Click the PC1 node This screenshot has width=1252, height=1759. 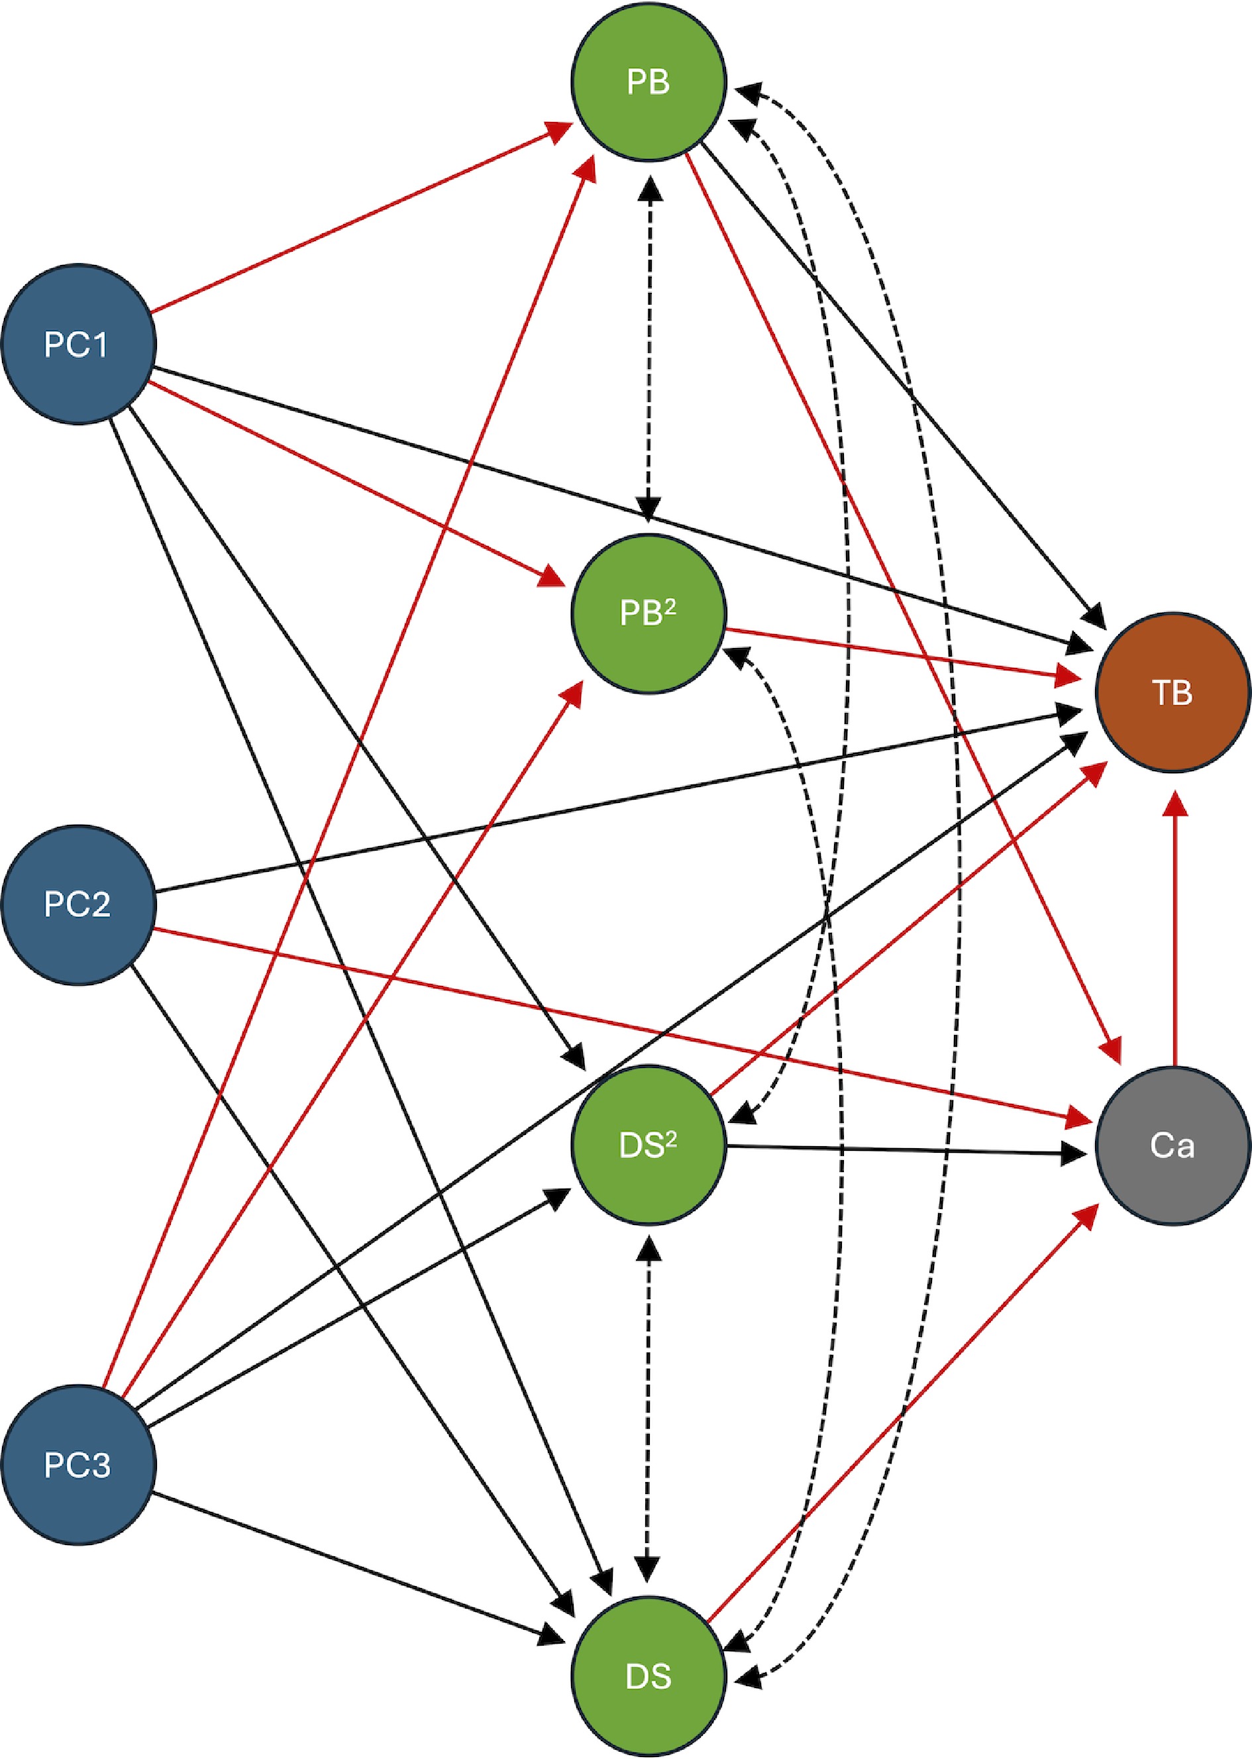[x=78, y=344]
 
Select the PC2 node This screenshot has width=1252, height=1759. [x=78, y=904]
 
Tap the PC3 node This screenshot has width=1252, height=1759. [x=78, y=1465]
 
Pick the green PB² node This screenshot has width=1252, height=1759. [x=649, y=613]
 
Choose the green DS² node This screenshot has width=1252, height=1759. [x=649, y=1146]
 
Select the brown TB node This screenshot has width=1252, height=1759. [x=1173, y=692]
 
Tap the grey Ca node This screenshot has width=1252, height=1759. [x=1173, y=1146]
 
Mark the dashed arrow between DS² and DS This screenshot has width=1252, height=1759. [x=649, y=1411]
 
